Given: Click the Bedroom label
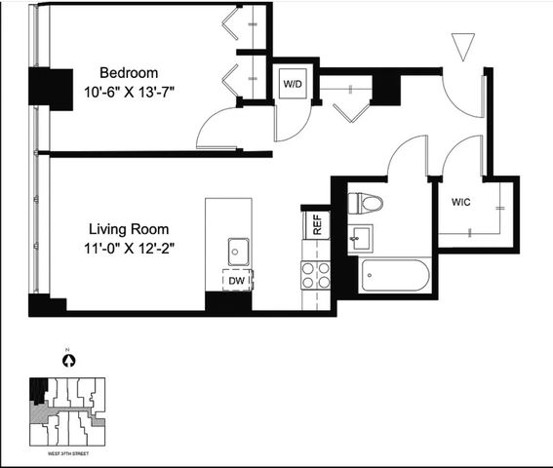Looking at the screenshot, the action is (129, 73).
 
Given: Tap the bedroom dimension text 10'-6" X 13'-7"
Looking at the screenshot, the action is (129, 93).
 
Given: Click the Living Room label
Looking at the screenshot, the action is (129, 229).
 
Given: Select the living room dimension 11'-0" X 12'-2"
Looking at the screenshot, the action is (129, 249).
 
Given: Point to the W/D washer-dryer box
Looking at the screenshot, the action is (293, 84).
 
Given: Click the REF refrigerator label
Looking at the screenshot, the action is (317, 224).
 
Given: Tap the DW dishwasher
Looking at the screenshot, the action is (237, 281).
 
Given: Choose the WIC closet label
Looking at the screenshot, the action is (461, 202).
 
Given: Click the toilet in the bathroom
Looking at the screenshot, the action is (366, 204).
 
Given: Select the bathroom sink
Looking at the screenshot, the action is (361, 239).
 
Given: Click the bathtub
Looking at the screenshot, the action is (394, 275).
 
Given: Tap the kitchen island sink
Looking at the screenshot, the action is (238, 252).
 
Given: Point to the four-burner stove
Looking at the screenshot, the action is (316, 275).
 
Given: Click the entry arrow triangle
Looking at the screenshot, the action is (463, 45).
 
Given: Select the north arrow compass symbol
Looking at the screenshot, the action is (69, 361).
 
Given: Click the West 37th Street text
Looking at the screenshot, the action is (68, 453).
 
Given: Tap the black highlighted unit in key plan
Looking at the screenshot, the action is (38, 391).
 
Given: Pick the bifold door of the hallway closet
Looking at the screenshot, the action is (352, 113).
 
